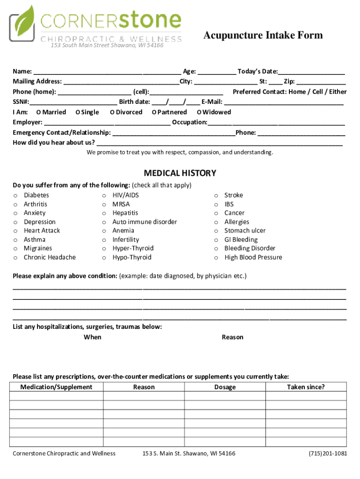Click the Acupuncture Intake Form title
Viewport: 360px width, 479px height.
263,36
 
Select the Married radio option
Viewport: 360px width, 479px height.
38,112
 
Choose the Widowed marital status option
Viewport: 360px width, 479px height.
199,112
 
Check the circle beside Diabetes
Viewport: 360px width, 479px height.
15,196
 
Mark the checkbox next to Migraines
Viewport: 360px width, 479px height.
15,249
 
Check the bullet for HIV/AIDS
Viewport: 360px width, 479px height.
104,196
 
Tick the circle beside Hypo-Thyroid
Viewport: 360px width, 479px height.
104,258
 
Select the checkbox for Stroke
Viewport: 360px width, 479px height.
216,196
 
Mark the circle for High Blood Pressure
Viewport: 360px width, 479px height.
216,258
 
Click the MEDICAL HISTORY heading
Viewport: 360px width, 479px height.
180,173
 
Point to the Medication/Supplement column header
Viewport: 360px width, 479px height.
56,387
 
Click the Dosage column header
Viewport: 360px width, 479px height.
225,387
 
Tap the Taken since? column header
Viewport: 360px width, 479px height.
306,387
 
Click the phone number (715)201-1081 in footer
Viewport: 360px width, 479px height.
328,453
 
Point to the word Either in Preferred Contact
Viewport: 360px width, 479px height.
338,92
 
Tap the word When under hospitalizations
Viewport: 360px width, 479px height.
92,337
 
